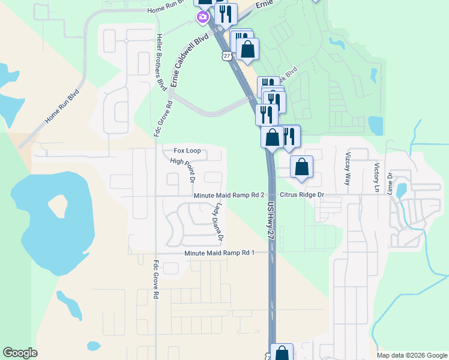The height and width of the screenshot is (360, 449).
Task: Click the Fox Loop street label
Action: [187, 151]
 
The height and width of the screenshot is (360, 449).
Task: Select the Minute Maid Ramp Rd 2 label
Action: [229, 196]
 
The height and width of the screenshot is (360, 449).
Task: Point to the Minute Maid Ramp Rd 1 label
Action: [220, 253]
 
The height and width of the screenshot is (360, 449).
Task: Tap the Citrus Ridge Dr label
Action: [303, 196]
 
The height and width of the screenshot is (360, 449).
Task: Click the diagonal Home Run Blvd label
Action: [62, 107]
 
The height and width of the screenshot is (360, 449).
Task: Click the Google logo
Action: [20, 353]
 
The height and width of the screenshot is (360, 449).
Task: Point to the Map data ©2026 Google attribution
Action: [411, 355]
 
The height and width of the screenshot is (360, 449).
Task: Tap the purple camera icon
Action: [202, 17]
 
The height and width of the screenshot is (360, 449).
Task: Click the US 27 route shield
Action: [226, 55]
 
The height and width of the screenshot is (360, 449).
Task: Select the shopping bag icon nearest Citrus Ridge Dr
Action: [301, 167]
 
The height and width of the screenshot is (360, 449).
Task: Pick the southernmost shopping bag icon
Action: [281, 353]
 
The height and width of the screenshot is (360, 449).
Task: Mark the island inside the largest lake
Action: [58, 205]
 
